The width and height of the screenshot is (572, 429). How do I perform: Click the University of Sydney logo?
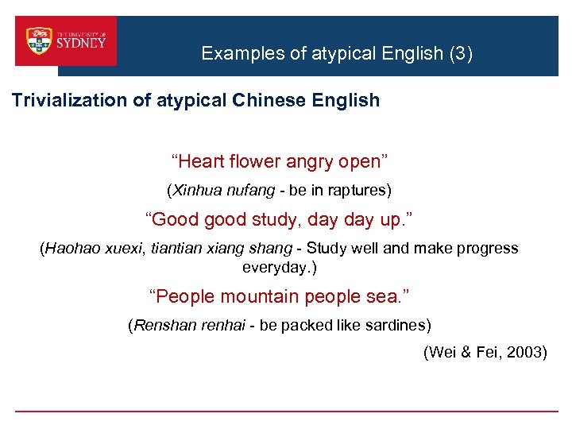(66, 41)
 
